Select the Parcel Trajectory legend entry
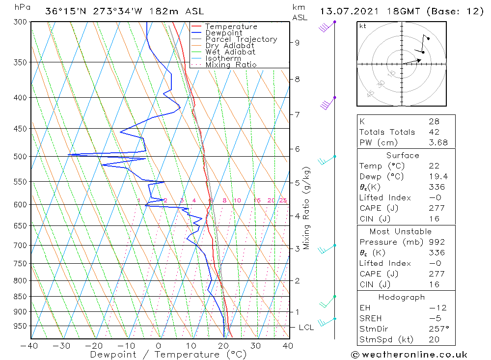coord(241,39)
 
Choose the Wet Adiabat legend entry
coord(230,52)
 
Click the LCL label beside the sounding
coord(306,328)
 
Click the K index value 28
coord(434,121)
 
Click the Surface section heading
coord(403,155)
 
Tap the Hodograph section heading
coord(402,297)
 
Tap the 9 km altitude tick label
coord(297,43)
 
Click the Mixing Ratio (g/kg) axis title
coord(306,208)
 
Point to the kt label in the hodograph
coord(362,26)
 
